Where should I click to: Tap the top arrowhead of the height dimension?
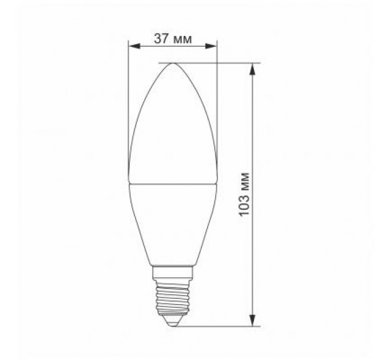point(252,66)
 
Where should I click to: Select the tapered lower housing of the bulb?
point(173,223)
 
